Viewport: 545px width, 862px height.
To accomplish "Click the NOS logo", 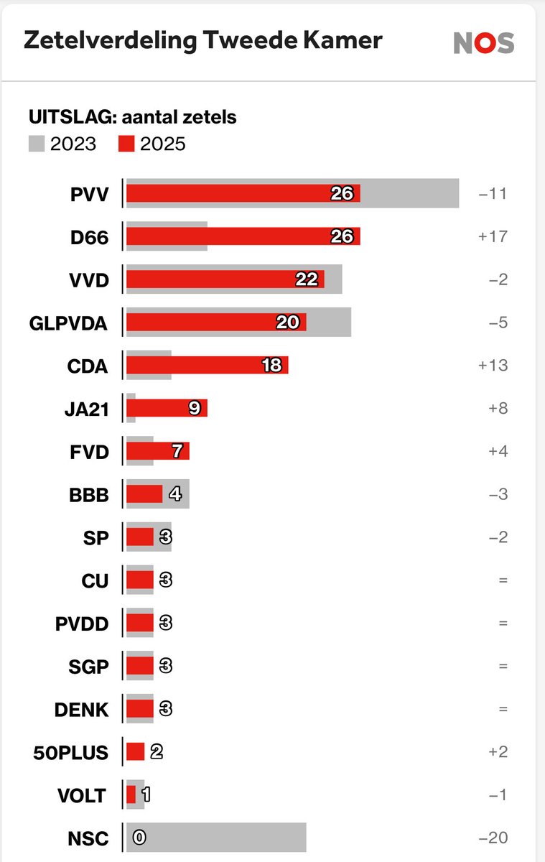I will (483, 43).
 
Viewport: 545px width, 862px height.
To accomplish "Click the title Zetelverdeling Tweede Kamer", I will (202, 41).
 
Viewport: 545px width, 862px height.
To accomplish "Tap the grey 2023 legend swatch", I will (37, 144).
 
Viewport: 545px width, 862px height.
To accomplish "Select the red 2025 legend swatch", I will (126, 144).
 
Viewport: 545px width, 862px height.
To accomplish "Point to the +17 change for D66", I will (493, 236).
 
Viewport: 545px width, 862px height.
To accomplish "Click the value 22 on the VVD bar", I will (307, 279).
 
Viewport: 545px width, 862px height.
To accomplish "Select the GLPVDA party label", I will (68, 323).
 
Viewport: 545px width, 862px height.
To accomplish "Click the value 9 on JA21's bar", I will (194, 409).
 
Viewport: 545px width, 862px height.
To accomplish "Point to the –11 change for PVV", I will (493, 194).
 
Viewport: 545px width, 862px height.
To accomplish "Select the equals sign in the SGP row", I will (503, 667).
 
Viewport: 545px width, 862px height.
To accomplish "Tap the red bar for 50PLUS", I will (135, 752).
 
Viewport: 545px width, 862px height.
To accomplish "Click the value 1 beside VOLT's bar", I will (146, 795).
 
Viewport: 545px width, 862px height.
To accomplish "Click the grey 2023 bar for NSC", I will (223, 838).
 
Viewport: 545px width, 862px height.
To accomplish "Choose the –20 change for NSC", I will (493, 838).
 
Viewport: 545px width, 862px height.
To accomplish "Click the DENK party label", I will (82, 710).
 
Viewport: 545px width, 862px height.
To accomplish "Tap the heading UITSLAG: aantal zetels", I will (132, 116).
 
